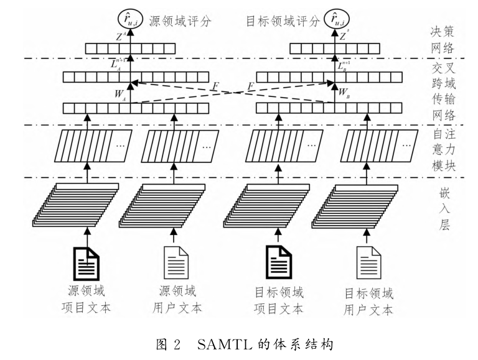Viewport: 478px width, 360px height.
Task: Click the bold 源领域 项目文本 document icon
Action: click(x=87, y=262)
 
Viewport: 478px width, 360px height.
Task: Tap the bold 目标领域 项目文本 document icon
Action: click(x=279, y=262)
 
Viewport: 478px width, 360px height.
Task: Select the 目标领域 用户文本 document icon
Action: click(x=367, y=262)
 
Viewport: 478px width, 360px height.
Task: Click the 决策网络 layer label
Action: click(x=443, y=38)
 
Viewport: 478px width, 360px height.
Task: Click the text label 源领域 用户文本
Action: click(x=177, y=299)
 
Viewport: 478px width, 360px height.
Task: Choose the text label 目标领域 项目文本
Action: click(x=280, y=299)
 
